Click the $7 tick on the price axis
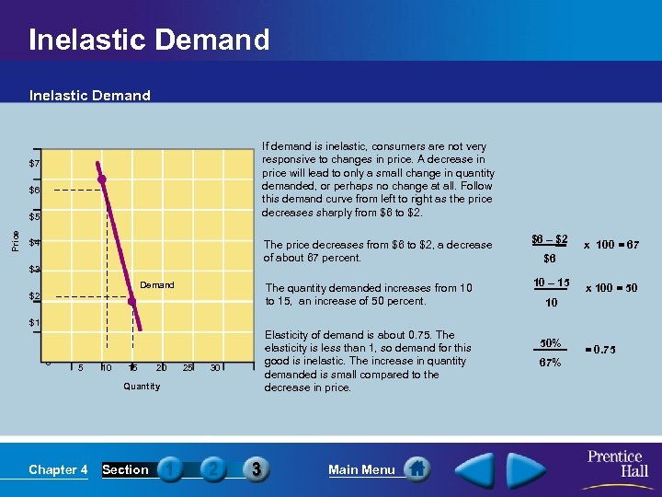pyautogui.click(x=33, y=164)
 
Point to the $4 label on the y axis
pyautogui.click(x=33, y=243)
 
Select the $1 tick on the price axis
pyautogui.click(x=33, y=323)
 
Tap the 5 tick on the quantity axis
pyautogui.click(x=80, y=368)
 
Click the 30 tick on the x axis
pyautogui.click(x=215, y=368)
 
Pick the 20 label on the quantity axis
pyautogui.click(x=161, y=368)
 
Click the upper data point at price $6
pyautogui.click(x=103, y=179)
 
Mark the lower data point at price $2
pyautogui.click(x=132, y=298)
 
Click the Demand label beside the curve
pyautogui.click(x=156, y=285)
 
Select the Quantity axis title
pyautogui.click(x=142, y=387)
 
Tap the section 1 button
pyautogui.click(x=171, y=469)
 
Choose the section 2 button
pyautogui.click(x=212, y=469)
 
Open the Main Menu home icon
pyautogui.click(x=417, y=469)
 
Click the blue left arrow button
pyautogui.click(x=477, y=468)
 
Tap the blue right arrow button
pyautogui.click(x=539, y=468)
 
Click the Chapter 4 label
pyautogui.click(x=58, y=470)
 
